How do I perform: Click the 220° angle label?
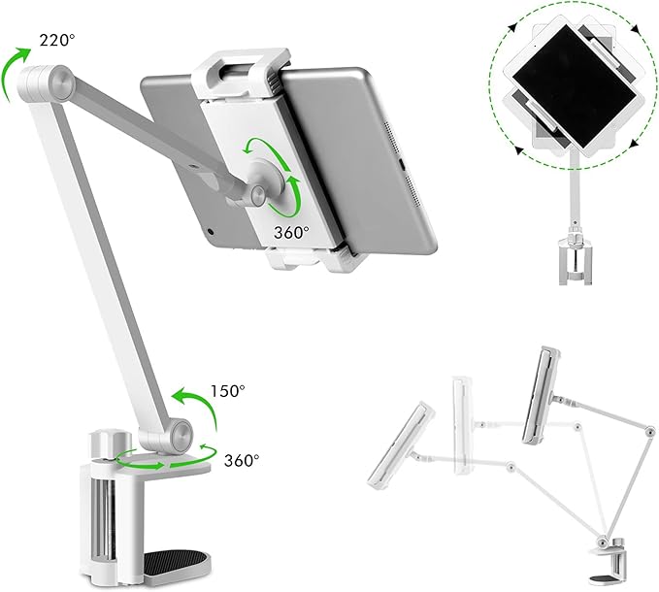pyautogui.click(x=57, y=41)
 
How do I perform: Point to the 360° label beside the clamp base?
pyautogui.click(x=241, y=460)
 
